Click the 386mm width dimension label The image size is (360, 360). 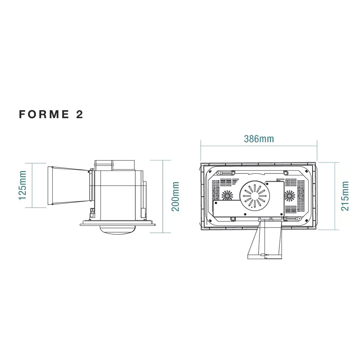tap(259, 139)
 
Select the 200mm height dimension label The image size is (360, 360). tap(175, 196)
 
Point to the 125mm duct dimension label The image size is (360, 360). tap(22, 185)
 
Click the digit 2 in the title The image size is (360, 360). tap(79, 114)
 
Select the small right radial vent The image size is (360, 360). tap(289, 195)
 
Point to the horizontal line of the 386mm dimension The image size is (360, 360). tap(259, 146)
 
